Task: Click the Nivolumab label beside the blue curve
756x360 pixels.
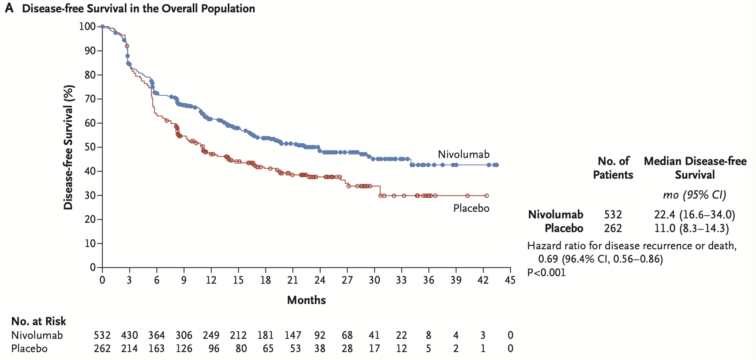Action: coord(464,154)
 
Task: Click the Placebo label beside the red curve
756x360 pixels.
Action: coord(471,208)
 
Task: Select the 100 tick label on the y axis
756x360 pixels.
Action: coord(87,26)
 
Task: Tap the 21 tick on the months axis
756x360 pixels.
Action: coord(292,280)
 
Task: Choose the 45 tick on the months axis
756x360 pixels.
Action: coord(510,280)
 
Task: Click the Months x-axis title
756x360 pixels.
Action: coord(306,300)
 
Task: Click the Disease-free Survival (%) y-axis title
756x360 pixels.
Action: coord(68,147)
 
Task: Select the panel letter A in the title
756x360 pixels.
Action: coord(9,8)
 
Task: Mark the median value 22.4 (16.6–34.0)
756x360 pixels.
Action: coord(694,215)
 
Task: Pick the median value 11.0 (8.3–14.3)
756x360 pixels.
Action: coord(691,229)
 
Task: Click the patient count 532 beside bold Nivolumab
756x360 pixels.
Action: coord(613,215)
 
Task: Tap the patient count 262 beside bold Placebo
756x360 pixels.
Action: coord(613,229)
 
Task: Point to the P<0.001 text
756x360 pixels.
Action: coord(546,273)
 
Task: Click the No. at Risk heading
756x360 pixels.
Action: coord(39,321)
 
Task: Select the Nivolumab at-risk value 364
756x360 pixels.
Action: coord(157,335)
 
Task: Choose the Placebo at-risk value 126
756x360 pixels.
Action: coord(184,349)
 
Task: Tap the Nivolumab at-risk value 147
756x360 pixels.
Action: coord(292,335)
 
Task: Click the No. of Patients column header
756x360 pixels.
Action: coord(613,168)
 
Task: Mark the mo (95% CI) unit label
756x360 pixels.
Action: coord(694,195)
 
